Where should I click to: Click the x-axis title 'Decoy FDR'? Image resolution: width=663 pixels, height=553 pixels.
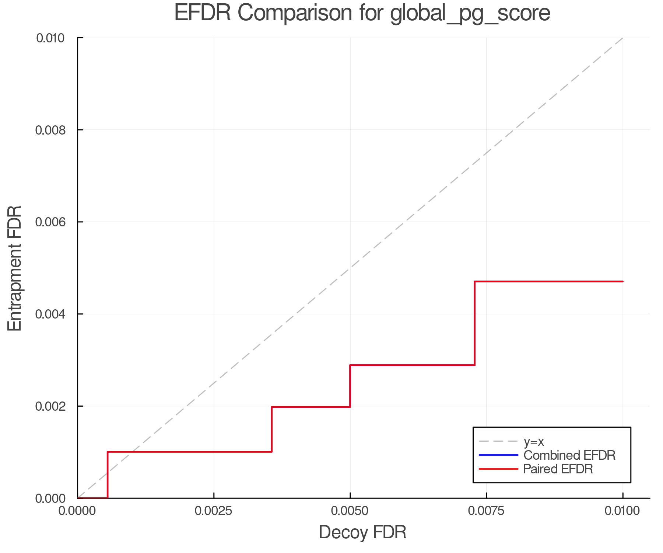point(362,532)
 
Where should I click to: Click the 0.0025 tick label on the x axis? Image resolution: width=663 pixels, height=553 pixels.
point(214,511)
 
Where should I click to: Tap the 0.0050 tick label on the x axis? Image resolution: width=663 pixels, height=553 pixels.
point(350,511)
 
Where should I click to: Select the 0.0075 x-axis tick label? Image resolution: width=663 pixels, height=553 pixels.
point(486,511)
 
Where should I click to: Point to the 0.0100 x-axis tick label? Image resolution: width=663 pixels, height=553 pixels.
point(622,511)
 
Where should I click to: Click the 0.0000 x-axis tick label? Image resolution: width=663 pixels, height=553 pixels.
point(77,511)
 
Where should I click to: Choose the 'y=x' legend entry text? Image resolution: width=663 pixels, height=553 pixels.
point(534,441)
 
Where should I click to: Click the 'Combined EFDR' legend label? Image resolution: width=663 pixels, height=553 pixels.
point(569,455)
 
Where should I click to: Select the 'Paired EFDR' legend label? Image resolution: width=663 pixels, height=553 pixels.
point(558,469)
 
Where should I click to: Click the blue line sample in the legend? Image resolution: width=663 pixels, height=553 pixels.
point(498,455)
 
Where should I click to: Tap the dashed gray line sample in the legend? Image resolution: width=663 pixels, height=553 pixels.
point(498,441)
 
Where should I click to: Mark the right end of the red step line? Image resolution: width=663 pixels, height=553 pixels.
point(622,282)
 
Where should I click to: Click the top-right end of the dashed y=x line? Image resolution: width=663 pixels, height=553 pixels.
point(622,38)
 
